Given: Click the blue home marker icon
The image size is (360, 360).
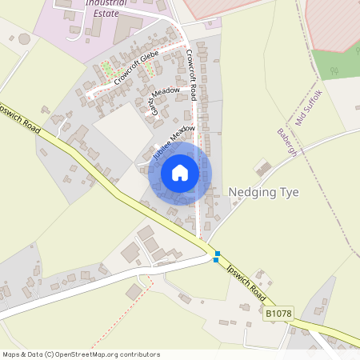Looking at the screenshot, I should tap(180, 172).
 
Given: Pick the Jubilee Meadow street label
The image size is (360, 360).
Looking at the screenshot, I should tap(169, 141).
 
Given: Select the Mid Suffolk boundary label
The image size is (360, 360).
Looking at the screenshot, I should tap(310, 106).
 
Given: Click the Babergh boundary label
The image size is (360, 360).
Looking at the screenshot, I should tap(286, 143).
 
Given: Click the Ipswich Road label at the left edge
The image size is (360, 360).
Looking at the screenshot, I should tap(18, 118).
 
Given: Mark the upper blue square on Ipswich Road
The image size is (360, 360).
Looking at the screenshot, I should tap(217, 254).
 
